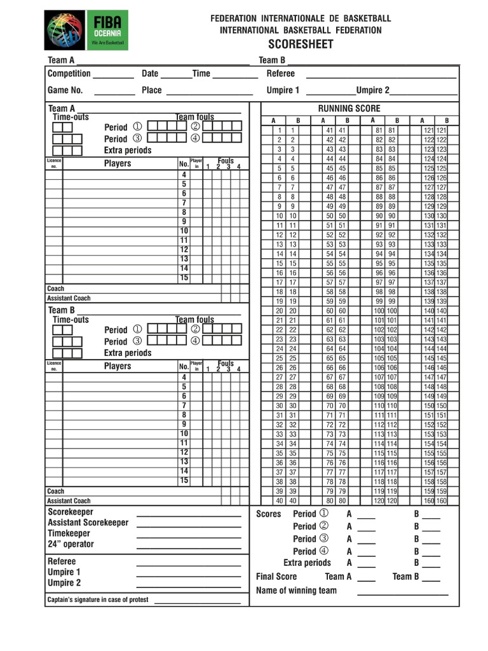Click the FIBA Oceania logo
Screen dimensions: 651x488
pyautogui.click(x=86, y=30)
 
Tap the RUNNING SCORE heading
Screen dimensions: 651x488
pyautogui.click(x=349, y=109)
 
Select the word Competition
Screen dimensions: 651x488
pyautogui.click(x=69, y=74)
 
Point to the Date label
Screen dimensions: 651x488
pyautogui.click(x=150, y=74)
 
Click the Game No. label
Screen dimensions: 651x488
pyautogui.click(x=65, y=90)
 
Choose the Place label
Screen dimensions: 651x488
pyautogui.click(x=152, y=90)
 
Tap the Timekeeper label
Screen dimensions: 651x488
pyautogui.click(x=69, y=533)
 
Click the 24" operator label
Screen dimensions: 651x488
pyautogui.click(x=71, y=544)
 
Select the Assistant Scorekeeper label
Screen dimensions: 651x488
pyautogui.click(x=88, y=523)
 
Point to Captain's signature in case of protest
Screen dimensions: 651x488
pyautogui.click(x=98, y=600)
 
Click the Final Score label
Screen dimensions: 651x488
pyautogui.click(x=276, y=577)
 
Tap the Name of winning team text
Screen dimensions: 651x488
pyautogui.click(x=296, y=591)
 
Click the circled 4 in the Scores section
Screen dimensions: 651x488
pyautogui.click(x=324, y=551)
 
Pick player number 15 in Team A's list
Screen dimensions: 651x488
pyautogui.click(x=184, y=278)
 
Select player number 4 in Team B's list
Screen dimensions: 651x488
pyautogui.click(x=184, y=377)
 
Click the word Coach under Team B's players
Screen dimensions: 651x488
pyautogui.click(x=56, y=491)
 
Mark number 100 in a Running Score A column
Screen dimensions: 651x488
pyautogui.click(x=379, y=311)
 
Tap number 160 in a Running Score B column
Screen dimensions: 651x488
pyautogui.click(x=442, y=501)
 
